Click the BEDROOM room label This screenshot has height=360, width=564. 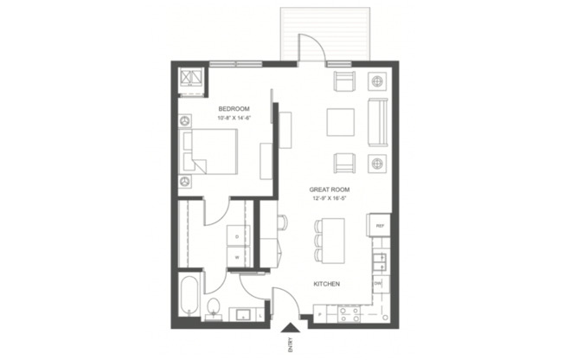pyautogui.click(x=234, y=108)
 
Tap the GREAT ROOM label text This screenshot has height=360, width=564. pyautogui.click(x=329, y=189)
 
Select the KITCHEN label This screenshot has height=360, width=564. pyautogui.click(x=326, y=284)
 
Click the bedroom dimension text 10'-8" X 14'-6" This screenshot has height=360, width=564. pyautogui.click(x=234, y=118)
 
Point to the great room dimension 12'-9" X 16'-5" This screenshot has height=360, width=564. pyautogui.click(x=329, y=198)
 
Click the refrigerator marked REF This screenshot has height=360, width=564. pyautogui.click(x=378, y=227)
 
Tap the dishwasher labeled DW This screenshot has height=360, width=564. pyautogui.click(x=378, y=284)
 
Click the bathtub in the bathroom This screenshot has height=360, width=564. pyautogui.click(x=189, y=296)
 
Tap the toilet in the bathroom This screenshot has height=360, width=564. pyautogui.click(x=214, y=307)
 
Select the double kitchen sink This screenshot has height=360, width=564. pyautogui.click(x=378, y=257)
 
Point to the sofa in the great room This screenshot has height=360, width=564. pyautogui.click(x=378, y=123)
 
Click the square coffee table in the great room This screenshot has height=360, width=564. pyautogui.click(x=340, y=123)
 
